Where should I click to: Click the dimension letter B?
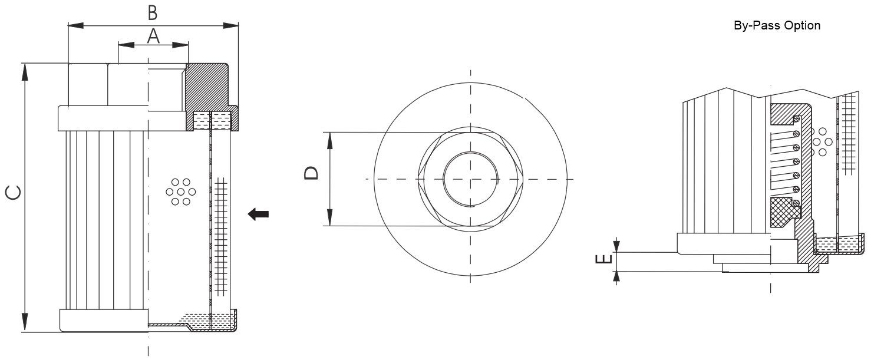click(x=153, y=12)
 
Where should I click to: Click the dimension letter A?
click(x=153, y=37)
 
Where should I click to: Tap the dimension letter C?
click(x=13, y=193)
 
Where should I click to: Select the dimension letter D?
click(x=311, y=173)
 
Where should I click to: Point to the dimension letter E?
click(x=604, y=259)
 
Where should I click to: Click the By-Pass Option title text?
click(x=777, y=26)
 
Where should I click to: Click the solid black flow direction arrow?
click(x=259, y=214)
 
